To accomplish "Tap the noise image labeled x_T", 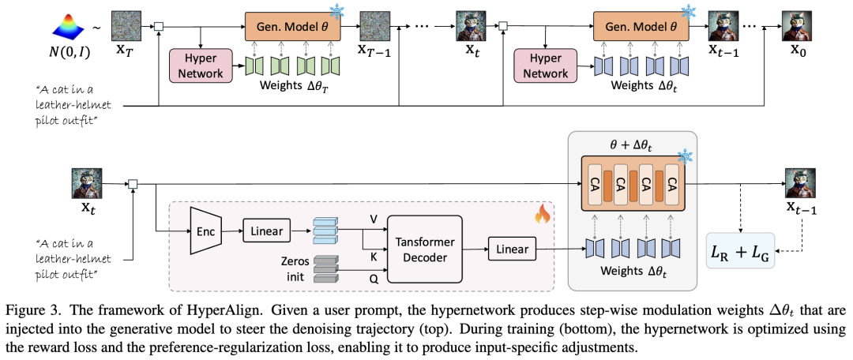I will tap(126, 26).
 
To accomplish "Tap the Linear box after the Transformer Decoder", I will tap(512, 249).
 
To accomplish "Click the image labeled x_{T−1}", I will tap(377, 26).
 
